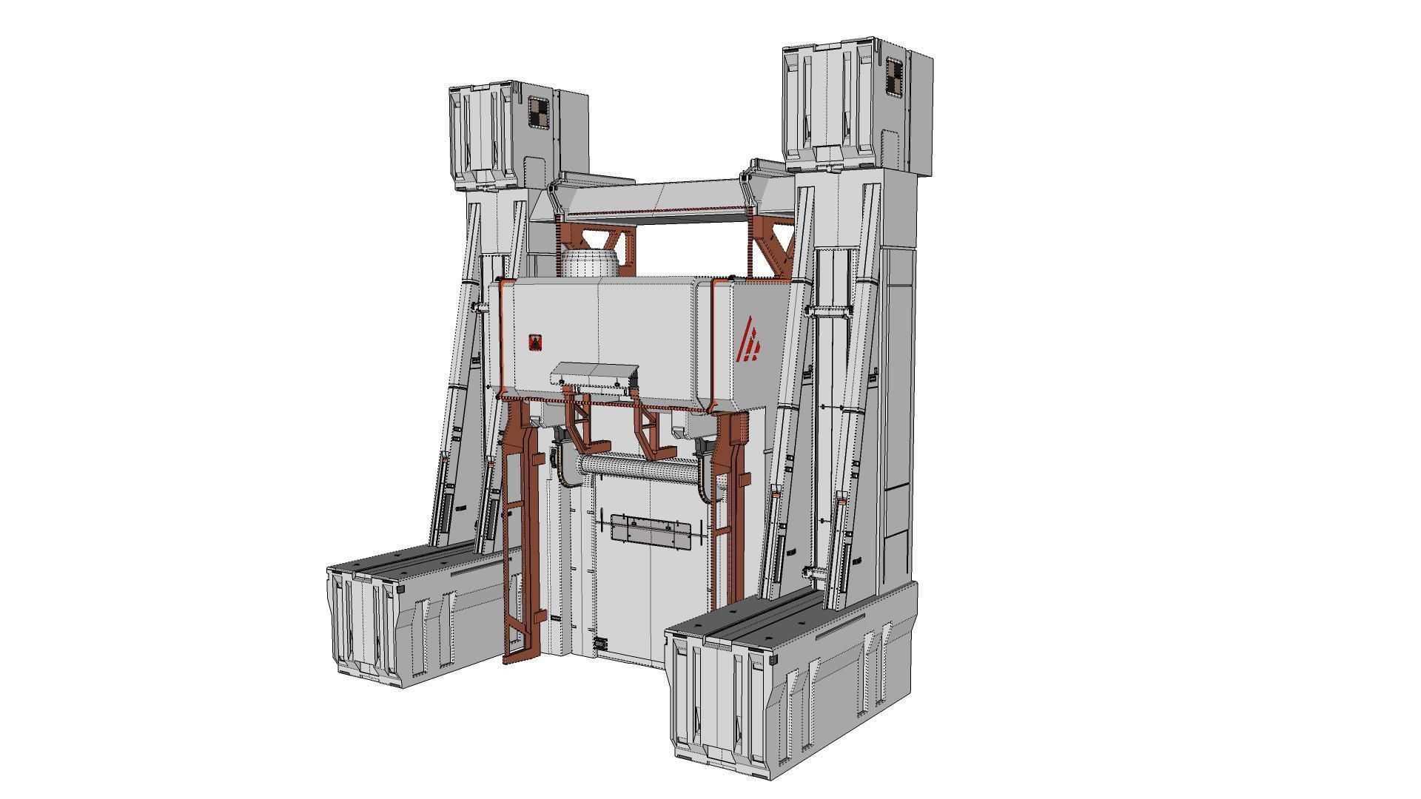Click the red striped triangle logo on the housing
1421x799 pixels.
[751, 340]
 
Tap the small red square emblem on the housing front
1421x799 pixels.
[535, 342]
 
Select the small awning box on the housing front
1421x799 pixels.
[594, 374]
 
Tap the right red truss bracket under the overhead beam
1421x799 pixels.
[773, 248]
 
